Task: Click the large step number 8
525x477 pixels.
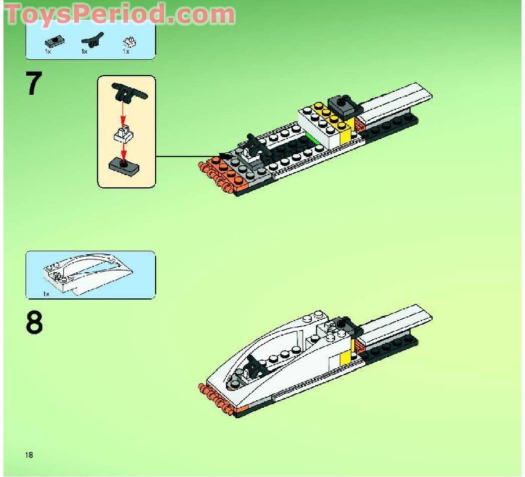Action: tap(34, 322)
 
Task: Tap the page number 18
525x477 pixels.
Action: tap(29, 454)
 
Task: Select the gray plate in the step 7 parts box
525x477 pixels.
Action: tap(55, 41)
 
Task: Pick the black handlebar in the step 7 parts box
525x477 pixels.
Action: tap(92, 41)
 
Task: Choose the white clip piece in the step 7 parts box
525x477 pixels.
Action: tap(129, 41)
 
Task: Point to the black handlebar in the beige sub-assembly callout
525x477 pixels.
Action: tap(130, 92)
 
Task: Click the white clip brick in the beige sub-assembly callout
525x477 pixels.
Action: tap(124, 136)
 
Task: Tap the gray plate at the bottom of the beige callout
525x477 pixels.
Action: tap(124, 168)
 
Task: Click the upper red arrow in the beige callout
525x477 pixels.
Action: tap(124, 113)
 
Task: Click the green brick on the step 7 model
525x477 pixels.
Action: tap(314, 140)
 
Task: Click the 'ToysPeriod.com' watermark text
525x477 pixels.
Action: tap(120, 14)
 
